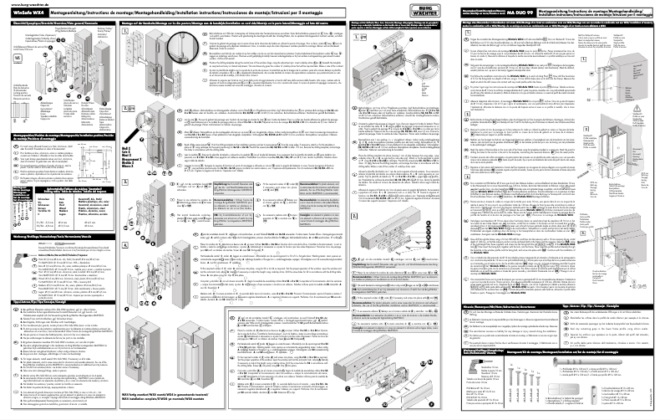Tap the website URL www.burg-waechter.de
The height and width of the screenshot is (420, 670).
pyautogui.click(x=25, y=3)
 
